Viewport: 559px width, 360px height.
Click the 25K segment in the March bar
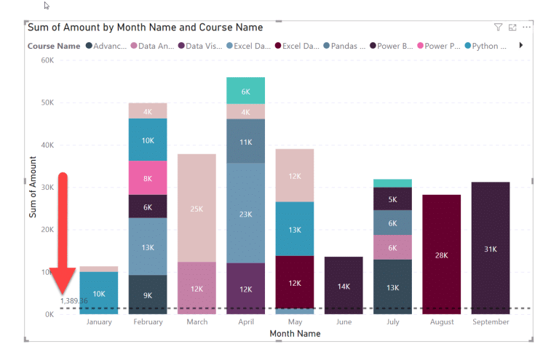click(197, 209)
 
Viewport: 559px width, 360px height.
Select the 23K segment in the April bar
click(245, 214)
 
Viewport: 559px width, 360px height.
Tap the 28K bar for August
click(442, 255)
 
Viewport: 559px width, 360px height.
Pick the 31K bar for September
click(491, 249)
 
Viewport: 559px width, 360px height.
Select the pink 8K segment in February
click(148, 178)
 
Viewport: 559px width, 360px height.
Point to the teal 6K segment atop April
click(245, 91)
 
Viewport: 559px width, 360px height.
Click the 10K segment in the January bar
click(99, 293)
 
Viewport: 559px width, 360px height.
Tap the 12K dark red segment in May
click(295, 282)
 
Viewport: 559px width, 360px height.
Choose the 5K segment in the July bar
click(392, 199)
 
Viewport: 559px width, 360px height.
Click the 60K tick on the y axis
click(47, 60)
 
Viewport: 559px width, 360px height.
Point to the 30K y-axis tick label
click(47, 188)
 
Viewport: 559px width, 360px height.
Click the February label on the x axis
click(148, 321)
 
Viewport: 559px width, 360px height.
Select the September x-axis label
click(491, 321)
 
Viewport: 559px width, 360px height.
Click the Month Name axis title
click(295, 334)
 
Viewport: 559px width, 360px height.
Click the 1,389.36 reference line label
click(73, 301)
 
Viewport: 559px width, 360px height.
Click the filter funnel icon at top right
click(499, 28)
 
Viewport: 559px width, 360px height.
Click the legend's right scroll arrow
click(520, 46)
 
